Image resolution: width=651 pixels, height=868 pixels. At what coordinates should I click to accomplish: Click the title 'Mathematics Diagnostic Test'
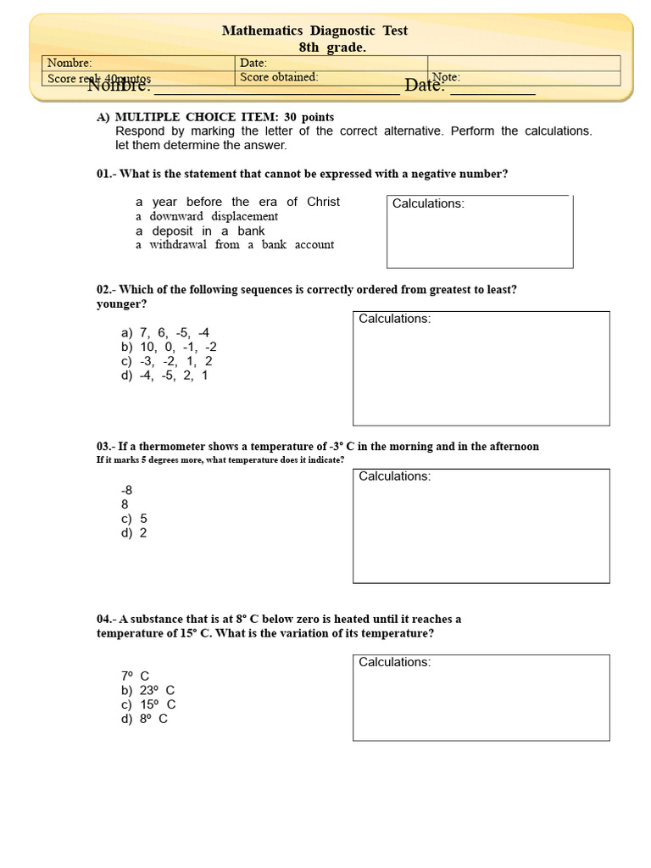(x=314, y=31)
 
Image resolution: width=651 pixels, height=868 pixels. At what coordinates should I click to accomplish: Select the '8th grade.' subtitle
(x=332, y=47)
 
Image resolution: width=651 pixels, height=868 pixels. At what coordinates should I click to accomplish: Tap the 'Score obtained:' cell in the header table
(x=280, y=77)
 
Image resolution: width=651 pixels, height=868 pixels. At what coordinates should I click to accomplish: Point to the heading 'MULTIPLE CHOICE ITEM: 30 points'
(x=224, y=117)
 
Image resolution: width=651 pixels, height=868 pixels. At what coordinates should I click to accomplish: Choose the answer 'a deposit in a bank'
(x=200, y=231)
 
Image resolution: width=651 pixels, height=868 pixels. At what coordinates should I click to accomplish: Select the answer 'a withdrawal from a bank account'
(x=235, y=245)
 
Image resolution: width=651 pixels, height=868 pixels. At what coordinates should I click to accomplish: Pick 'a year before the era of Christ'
(x=237, y=202)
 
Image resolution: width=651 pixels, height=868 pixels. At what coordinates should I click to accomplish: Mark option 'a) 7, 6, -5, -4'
(x=165, y=333)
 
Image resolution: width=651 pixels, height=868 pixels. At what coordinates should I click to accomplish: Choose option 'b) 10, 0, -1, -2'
(x=169, y=347)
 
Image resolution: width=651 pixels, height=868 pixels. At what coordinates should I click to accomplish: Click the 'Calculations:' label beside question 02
(x=394, y=319)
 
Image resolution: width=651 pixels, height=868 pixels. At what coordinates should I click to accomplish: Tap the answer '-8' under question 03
(x=127, y=490)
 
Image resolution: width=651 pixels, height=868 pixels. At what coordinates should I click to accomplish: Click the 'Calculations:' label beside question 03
(x=394, y=476)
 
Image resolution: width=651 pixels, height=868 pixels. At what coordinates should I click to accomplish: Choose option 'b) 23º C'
(x=148, y=690)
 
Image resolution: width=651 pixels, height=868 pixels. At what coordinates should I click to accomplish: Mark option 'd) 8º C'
(x=144, y=719)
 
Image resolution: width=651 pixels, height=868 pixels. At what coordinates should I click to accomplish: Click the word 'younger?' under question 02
(x=121, y=303)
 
